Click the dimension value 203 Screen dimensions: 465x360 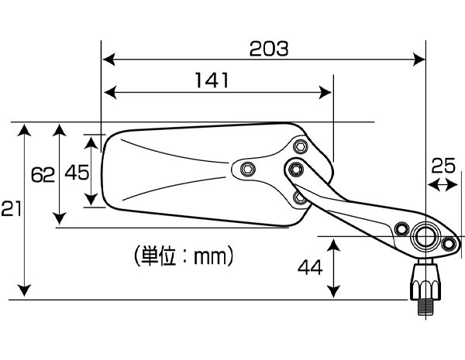click(269, 49)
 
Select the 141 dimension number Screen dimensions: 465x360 click(212, 81)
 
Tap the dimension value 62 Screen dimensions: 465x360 click(43, 175)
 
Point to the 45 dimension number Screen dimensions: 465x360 click(77, 173)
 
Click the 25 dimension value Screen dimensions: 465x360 click(443, 166)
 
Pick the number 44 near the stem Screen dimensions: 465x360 click(310, 267)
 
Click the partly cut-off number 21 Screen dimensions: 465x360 click(12, 208)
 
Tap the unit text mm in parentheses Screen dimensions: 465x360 click(210, 256)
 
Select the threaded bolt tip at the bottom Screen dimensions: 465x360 click(425, 307)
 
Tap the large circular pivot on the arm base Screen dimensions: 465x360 click(425, 236)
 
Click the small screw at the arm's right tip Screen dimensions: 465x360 click(449, 244)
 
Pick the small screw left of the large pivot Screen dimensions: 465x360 click(401, 228)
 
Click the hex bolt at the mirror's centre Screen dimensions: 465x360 click(246, 169)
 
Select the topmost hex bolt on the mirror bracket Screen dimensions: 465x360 click(301, 146)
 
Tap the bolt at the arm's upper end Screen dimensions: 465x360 click(296, 170)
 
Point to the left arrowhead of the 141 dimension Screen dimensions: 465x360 click(111, 93)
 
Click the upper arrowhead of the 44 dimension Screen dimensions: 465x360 click(334, 246)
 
